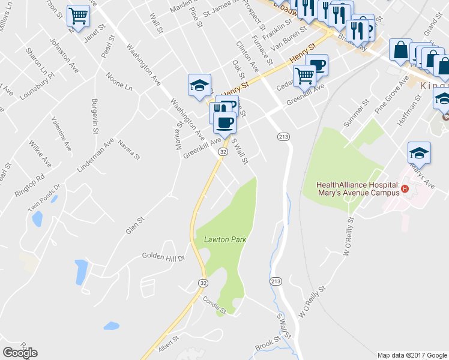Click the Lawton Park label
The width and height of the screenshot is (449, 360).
pyautogui.click(x=225, y=239)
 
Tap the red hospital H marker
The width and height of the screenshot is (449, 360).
pyautogui.click(x=405, y=189)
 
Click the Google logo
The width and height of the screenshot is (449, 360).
pyautogui.click(x=20, y=352)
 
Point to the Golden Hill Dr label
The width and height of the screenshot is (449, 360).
pyautogui.click(x=163, y=256)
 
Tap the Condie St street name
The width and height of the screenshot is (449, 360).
pyautogui.click(x=214, y=306)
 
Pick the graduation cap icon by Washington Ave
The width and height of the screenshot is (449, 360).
pyautogui.click(x=199, y=85)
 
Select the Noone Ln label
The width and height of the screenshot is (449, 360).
pyautogui.click(x=118, y=82)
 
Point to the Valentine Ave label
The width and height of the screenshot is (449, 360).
pyautogui.click(x=61, y=134)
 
